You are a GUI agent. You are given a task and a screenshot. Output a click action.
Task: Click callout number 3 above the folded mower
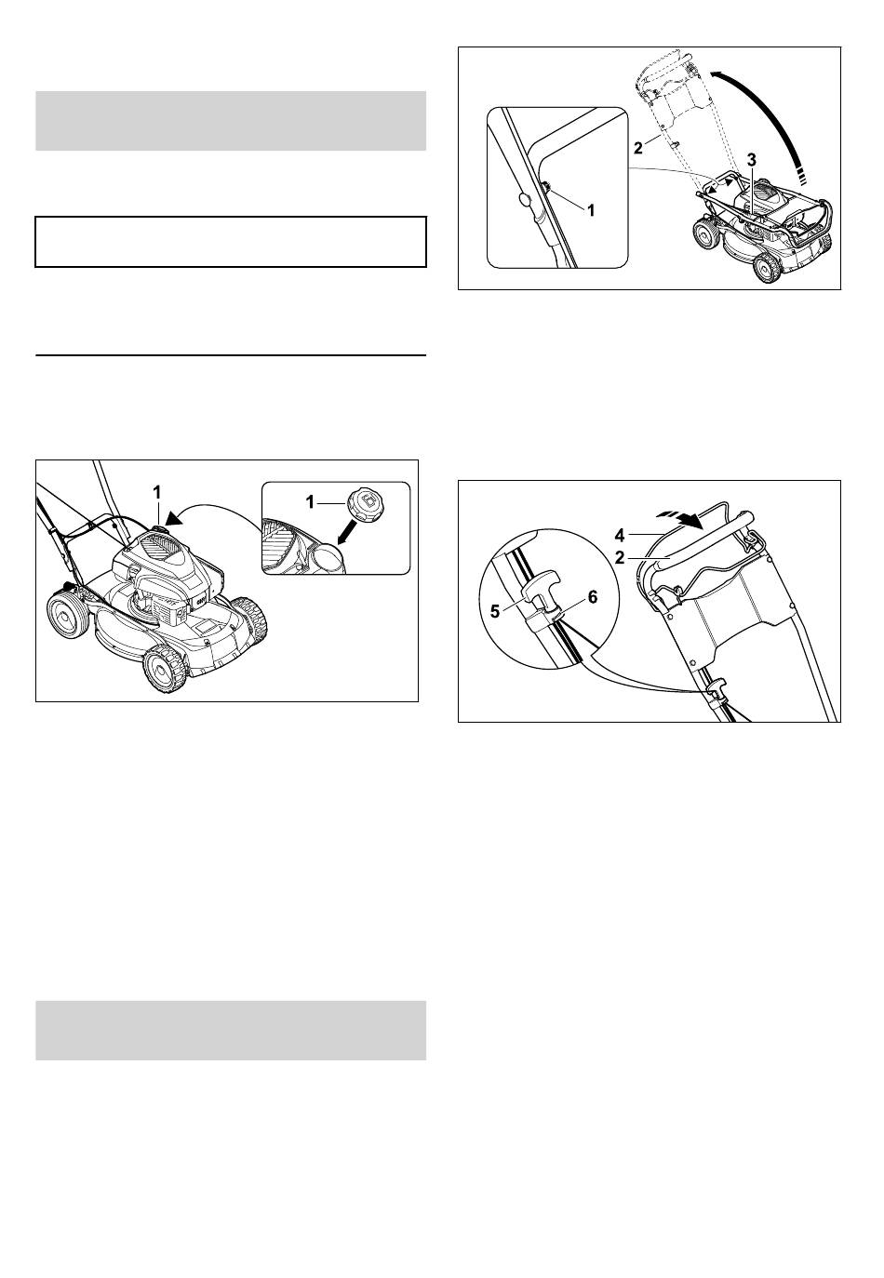click(x=752, y=160)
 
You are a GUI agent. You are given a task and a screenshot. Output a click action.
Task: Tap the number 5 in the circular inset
click(x=495, y=611)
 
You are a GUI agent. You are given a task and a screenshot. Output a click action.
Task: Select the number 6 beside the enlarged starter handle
click(x=593, y=597)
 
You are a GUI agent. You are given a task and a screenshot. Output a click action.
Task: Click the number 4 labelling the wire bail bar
click(x=620, y=535)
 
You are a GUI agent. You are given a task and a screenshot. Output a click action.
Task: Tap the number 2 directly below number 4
click(x=620, y=557)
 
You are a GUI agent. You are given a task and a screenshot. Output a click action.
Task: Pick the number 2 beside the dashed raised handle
click(x=638, y=148)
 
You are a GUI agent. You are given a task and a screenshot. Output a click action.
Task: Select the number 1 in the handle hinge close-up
click(x=591, y=210)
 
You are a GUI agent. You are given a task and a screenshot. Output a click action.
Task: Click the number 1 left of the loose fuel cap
click(x=310, y=502)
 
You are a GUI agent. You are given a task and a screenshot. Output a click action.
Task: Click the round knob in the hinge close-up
click(x=524, y=200)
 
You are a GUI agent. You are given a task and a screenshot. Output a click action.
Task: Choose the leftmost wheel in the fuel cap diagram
click(x=68, y=615)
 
